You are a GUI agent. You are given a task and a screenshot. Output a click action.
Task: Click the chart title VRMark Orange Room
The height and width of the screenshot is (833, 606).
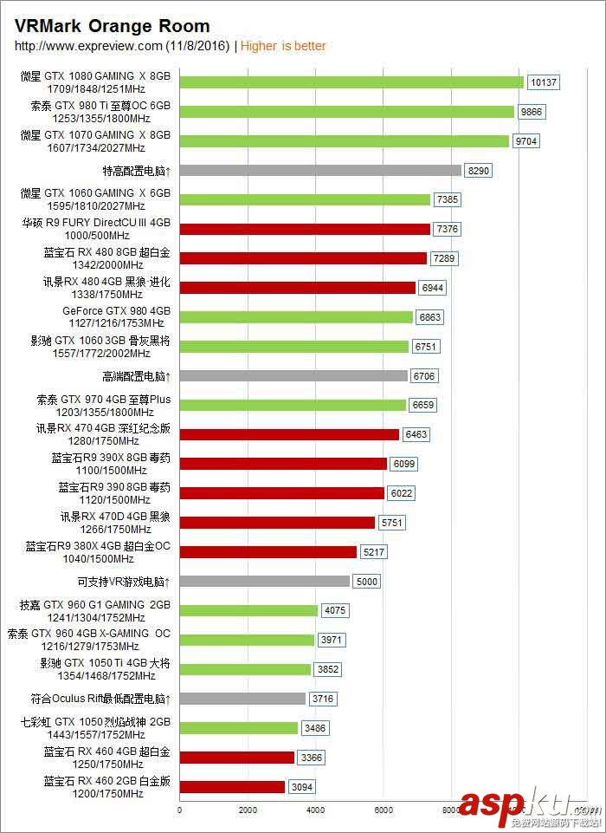[x=112, y=27]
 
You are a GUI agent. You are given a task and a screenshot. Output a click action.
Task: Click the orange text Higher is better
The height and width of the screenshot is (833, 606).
[x=283, y=46]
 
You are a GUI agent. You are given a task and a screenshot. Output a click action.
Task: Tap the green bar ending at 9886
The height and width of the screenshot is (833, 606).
[x=346, y=112]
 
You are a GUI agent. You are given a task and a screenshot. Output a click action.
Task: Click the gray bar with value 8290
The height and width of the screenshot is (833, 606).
[x=320, y=171]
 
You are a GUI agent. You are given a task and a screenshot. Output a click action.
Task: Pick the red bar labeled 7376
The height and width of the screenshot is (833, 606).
[x=305, y=229]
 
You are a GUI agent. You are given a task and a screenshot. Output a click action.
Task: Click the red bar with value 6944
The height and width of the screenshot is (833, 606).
[x=297, y=288]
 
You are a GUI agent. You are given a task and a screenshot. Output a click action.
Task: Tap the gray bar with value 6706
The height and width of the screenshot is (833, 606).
[x=293, y=376]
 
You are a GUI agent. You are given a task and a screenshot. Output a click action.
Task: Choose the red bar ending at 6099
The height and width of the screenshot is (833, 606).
[x=282, y=464]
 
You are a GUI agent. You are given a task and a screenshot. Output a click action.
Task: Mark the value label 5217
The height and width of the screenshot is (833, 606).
[x=377, y=552]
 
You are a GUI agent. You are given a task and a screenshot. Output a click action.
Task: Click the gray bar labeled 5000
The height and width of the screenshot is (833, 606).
[x=264, y=582]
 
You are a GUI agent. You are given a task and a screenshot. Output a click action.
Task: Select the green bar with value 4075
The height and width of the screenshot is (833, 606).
[x=248, y=611]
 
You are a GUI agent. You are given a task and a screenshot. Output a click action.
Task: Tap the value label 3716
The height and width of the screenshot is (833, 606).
[x=324, y=699]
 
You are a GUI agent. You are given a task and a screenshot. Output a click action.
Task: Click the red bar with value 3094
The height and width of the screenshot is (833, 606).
[x=232, y=787]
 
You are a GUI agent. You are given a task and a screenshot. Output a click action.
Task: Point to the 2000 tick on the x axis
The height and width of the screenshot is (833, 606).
[x=248, y=810]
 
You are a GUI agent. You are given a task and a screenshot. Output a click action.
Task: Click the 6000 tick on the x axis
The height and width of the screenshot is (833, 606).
[x=384, y=810]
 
